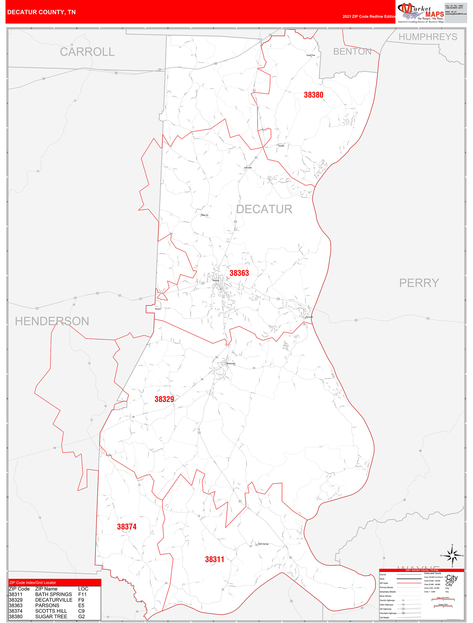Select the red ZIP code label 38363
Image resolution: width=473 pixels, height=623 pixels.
tap(239, 273)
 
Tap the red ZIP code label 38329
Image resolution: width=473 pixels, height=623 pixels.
tap(164, 399)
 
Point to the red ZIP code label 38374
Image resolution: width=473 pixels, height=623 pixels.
tap(127, 527)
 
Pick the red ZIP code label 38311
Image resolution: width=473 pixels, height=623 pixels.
tap(214, 559)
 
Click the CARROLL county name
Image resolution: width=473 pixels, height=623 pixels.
tap(87, 52)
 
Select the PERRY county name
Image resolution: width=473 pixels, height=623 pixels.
tap(419, 283)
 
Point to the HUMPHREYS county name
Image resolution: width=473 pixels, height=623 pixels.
tap(428, 37)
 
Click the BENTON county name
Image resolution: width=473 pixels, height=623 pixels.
tap(352, 52)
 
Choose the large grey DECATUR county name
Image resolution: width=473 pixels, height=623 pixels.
tap(264, 209)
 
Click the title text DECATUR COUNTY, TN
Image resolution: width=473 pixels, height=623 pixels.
tap(41, 12)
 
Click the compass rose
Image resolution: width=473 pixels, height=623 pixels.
tap(452, 555)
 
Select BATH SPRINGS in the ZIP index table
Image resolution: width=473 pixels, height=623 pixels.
tap(53, 594)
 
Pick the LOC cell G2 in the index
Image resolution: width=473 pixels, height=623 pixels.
tap(81, 617)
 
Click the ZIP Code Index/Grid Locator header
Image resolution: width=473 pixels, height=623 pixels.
tap(33, 583)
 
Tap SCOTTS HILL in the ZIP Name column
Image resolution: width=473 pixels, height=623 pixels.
tap(51, 611)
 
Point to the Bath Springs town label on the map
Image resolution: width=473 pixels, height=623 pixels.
tap(263, 544)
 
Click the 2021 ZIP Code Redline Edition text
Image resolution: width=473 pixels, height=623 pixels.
tap(369, 16)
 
